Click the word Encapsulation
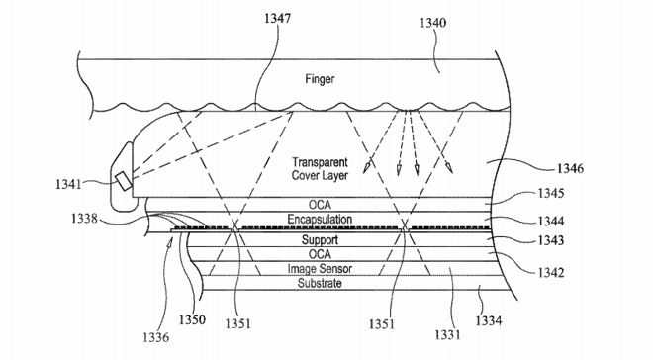(x=320, y=219)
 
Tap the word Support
(x=320, y=241)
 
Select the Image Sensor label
(x=320, y=269)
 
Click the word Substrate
(x=320, y=283)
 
